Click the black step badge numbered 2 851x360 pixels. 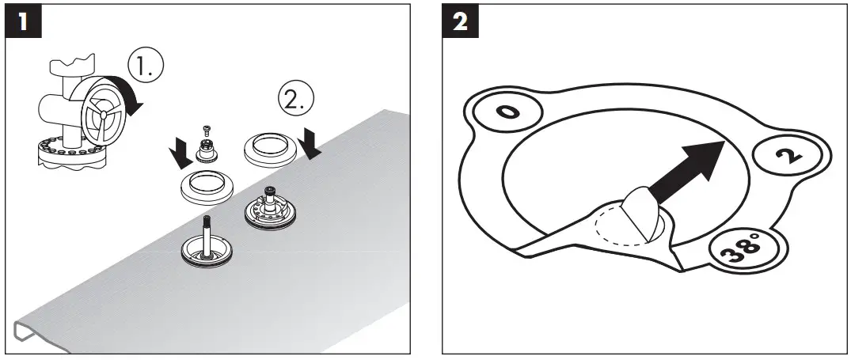[460, 23]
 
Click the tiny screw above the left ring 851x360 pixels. [206, 130]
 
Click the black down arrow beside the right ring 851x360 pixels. [311, 144]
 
